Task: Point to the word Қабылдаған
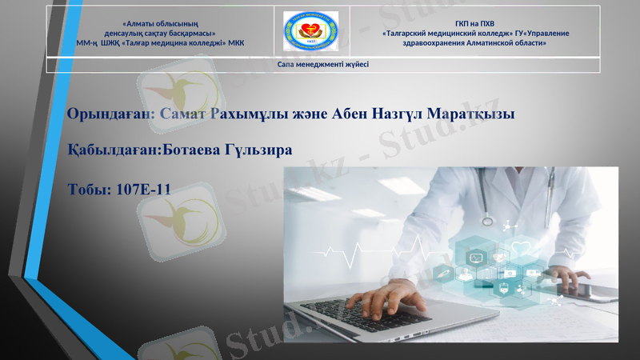(113, 150)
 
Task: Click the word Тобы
(89, 190)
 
